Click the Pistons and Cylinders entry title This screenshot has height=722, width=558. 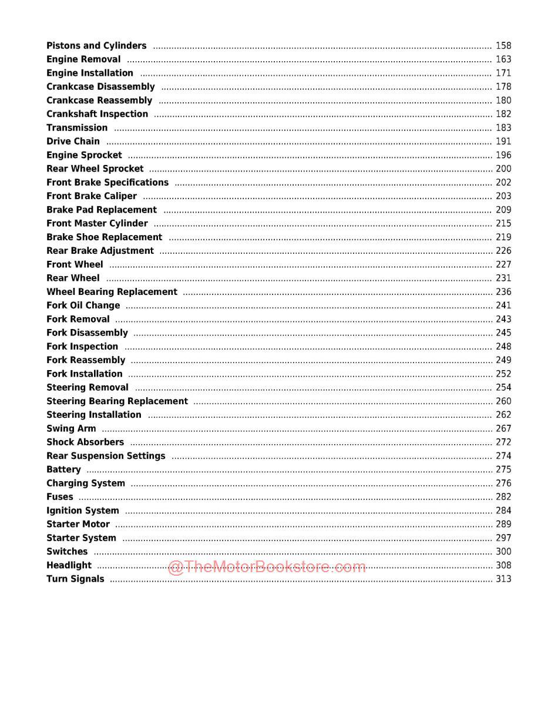(96, 46)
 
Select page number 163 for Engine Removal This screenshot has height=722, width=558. (503, 59)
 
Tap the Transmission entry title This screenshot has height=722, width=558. (77, 127)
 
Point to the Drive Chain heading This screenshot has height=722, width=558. (73, 142)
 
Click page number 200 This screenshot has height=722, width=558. (503, 169)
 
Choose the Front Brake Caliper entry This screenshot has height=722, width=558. (92, 196)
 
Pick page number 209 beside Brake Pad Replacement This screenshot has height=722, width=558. (503, 210)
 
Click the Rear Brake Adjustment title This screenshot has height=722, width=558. (100, 251)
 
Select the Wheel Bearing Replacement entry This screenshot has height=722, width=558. (112, 292)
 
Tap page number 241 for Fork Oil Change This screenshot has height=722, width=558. (503, 305)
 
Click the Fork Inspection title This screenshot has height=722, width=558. (82, 347)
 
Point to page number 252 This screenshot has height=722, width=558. (503, 374)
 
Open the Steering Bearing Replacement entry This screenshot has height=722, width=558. (117, 401)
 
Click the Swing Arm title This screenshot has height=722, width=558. (71, 429)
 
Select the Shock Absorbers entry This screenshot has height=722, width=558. (85, 442)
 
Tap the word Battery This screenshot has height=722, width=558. (63, 469)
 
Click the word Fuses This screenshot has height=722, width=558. (60, 497)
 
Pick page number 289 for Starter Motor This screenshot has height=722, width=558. (503, 524)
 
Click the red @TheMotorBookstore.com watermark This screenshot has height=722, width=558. (267, 566)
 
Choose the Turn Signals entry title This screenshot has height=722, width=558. (75, 579)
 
